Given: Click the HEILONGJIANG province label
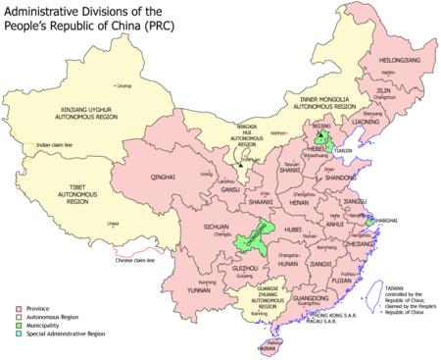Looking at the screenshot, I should [398, 61].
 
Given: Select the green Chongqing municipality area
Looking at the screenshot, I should [252, 235].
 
